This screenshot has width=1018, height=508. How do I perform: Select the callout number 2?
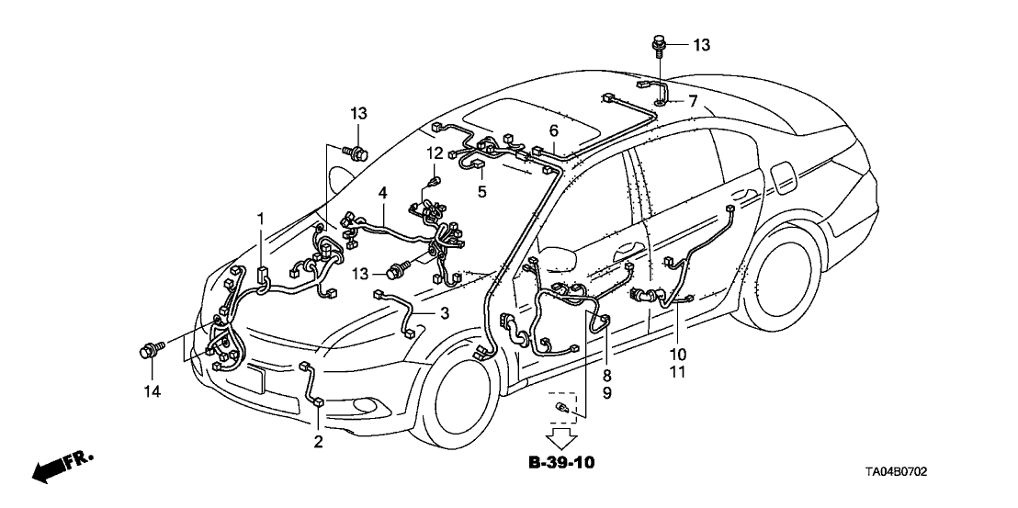[x=319, y=442]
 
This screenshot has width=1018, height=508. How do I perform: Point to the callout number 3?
[x=444, y=313]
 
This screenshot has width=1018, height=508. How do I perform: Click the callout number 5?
[x=482, y=191]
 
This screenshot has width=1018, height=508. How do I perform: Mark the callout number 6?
[x=554, y=130]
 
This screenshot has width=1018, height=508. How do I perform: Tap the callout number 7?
[x=693, y=99]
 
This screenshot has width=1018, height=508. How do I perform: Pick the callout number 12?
[x=435, y=152]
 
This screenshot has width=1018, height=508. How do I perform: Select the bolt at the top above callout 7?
[x=658, y=43]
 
